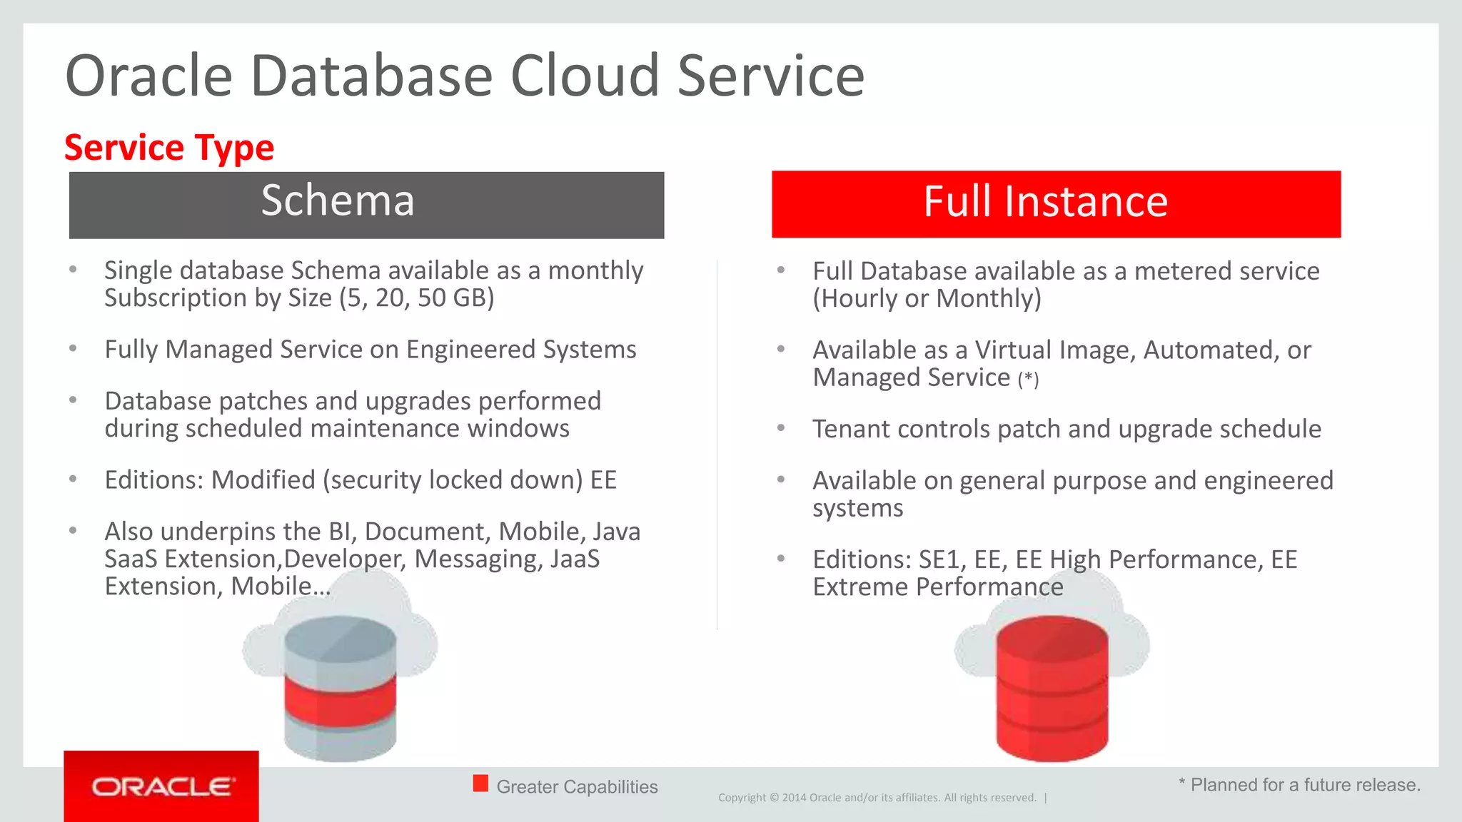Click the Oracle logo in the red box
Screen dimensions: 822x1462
pyautogui.click(x=162, y=787)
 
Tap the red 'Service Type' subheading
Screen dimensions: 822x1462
pyautogui.click(x=169, y=148)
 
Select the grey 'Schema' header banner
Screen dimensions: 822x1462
pyautogui.click(x=366, y=205)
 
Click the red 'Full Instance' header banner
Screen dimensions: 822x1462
pyautogui.click(x=1056, y=204)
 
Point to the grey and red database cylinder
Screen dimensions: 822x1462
pyautogui.click(x=340, y=688)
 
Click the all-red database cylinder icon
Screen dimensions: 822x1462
pyautogui.click(x=1052, y=688)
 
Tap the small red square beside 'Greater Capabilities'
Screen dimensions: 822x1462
pyautogui.click(x=480, y=783)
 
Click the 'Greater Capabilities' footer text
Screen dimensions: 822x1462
pyautogui.click(x=577, y=786)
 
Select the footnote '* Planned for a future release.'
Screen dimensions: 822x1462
pyautogui.click(x=1299, y=785)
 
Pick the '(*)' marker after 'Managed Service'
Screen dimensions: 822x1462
pyautogui.click(x=1028, y=379)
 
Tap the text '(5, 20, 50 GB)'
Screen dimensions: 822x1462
pyautogui.click(x=417, y=298)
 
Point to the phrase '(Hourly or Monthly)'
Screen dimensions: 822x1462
pyautogui.click(x=927, y=298)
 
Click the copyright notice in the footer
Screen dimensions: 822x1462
pyautogui.click(x=877, y=798)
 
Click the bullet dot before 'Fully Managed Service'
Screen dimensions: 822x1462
pyautogui.click(x=73, y=349)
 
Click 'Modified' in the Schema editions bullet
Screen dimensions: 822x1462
pyautogui.click(x=263, y=479)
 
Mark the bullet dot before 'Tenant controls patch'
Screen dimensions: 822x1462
pyautogui.click(x=781, y=428)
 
